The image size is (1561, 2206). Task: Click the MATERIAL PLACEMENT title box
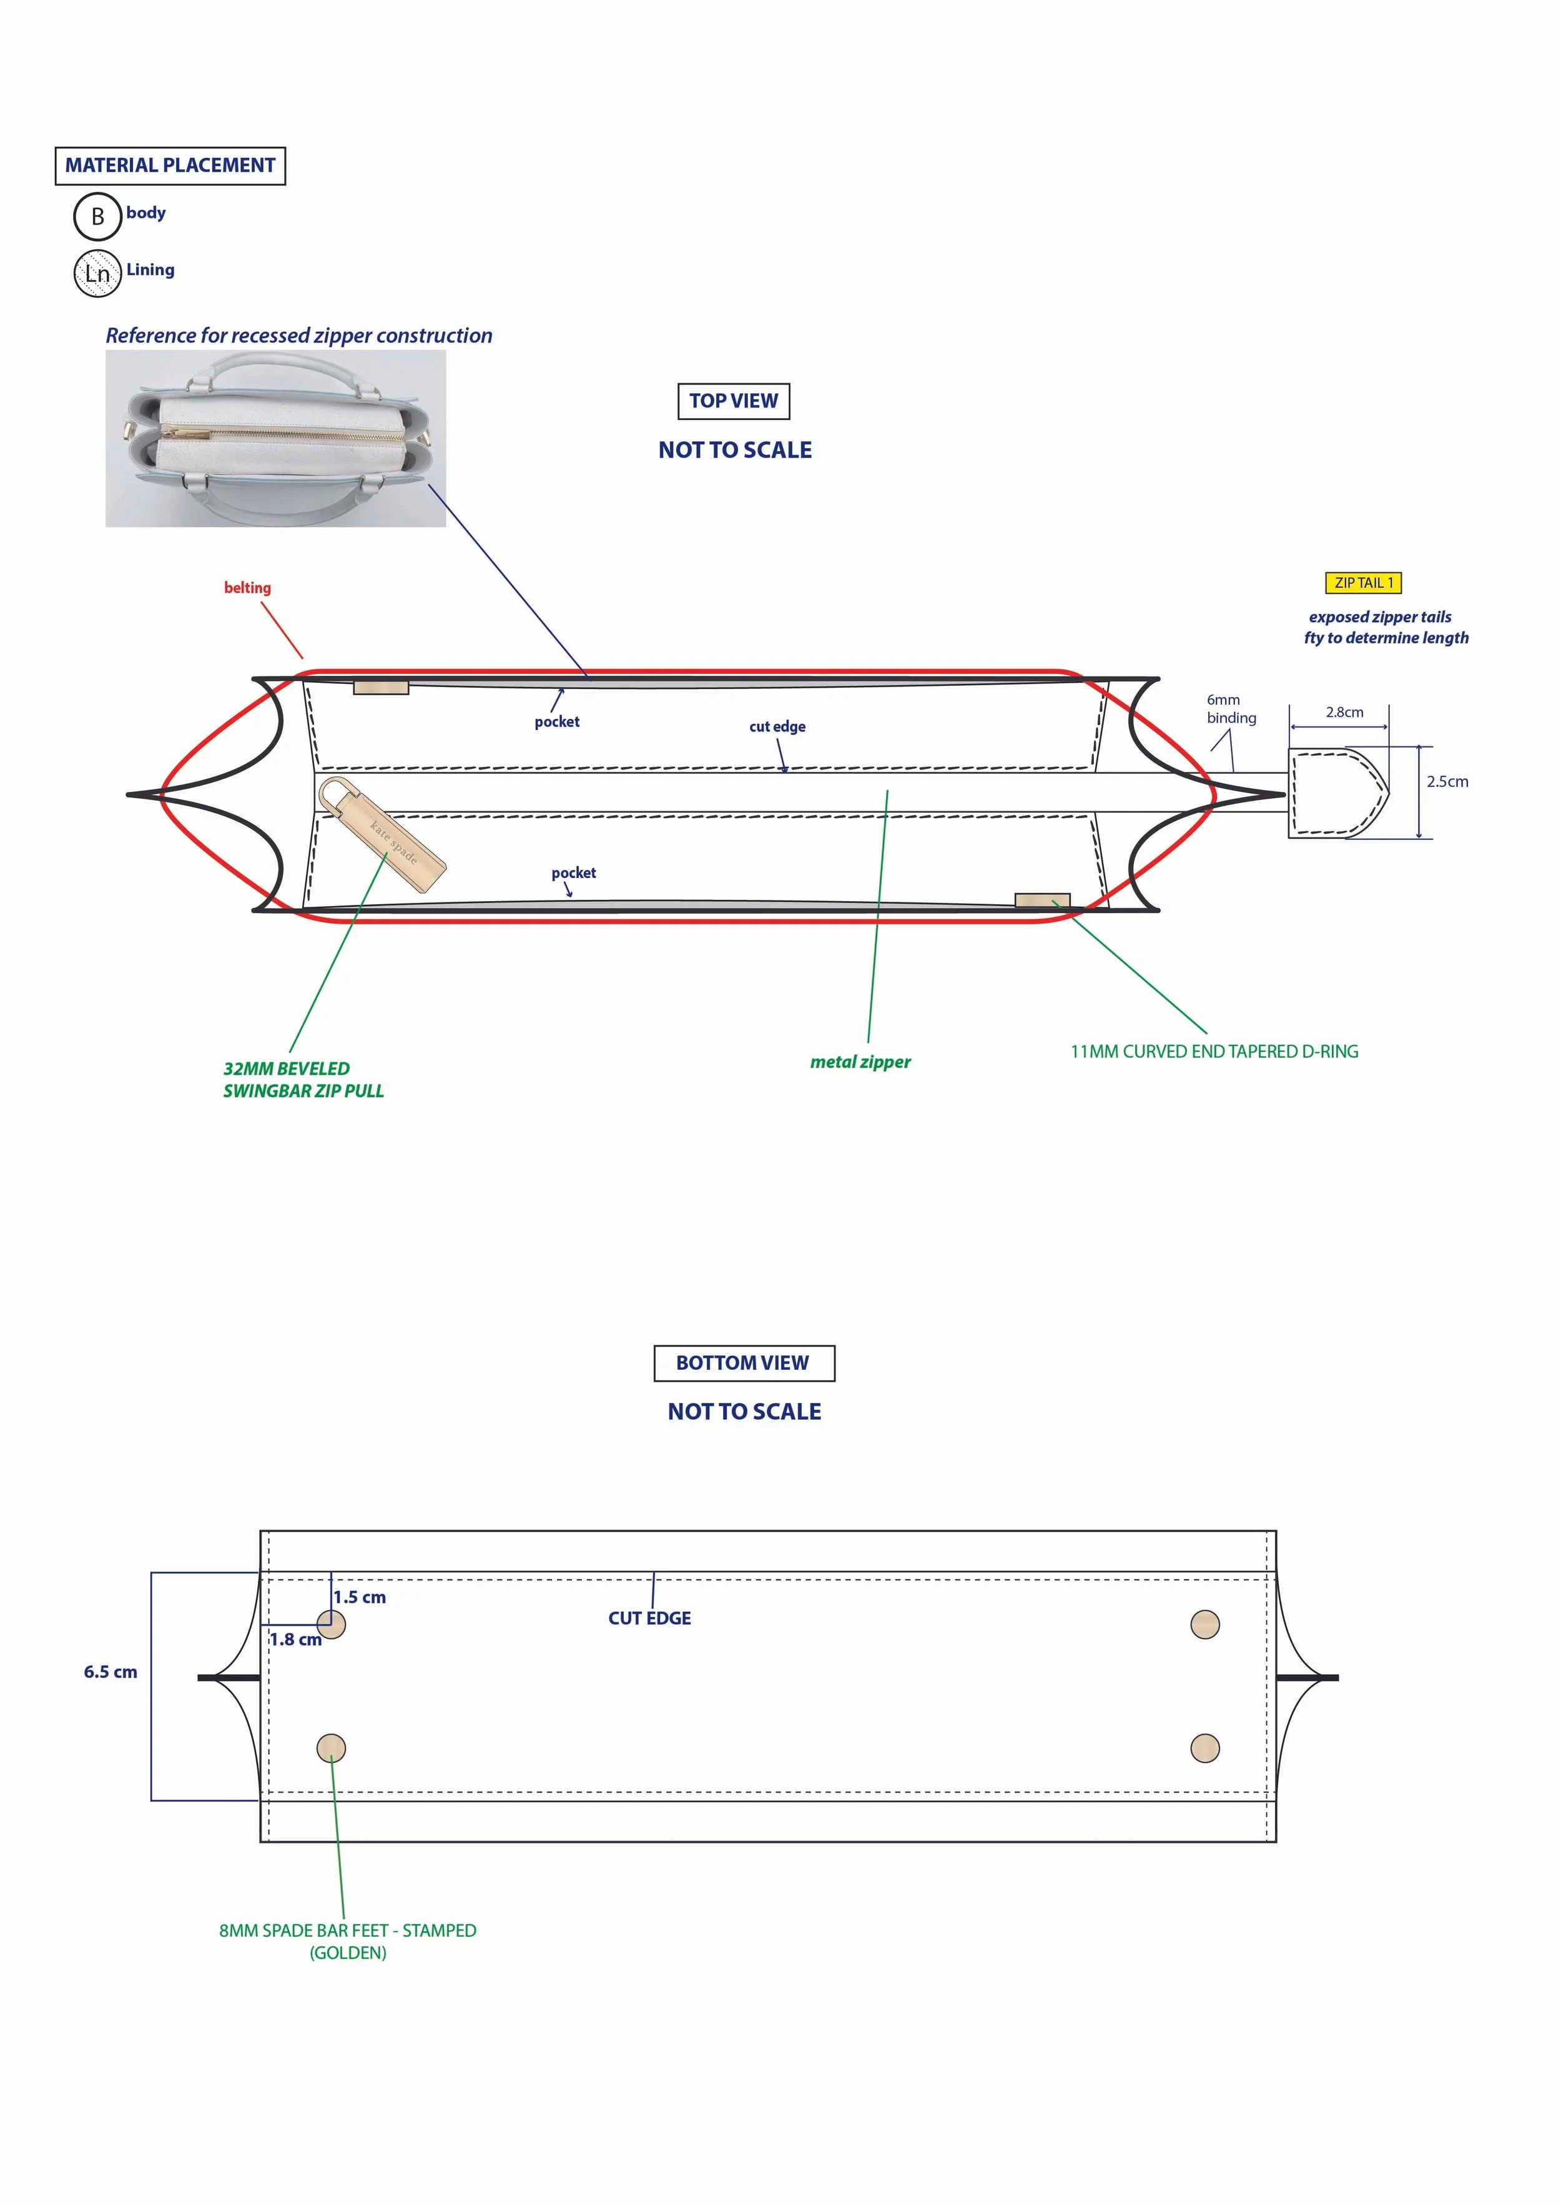tap(170, 165)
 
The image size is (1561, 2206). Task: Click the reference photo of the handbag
tap(276, 438)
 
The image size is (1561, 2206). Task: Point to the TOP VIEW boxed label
tap(734, 401)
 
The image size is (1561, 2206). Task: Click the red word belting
tap(247, 588)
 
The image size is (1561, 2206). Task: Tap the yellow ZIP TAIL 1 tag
tap(1363, 583)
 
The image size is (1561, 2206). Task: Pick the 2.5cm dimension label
tap(1447, 782)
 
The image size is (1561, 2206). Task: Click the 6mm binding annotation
tap(1231, 709)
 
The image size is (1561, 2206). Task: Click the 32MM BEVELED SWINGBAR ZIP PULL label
tap(303, 1080)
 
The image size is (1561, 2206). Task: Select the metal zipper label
tap(860, 1062)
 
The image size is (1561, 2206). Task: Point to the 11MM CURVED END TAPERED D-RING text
tap(1214, 1052)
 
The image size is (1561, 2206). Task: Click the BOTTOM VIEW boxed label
tap(743, 1364)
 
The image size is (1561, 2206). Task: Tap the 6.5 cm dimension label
tap(111, 1673)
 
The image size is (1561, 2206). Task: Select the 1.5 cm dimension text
tap(360, 1598)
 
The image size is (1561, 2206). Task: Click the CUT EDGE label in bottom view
tap(650, 1619)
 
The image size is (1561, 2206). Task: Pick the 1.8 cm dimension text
tap(295, 1640)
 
